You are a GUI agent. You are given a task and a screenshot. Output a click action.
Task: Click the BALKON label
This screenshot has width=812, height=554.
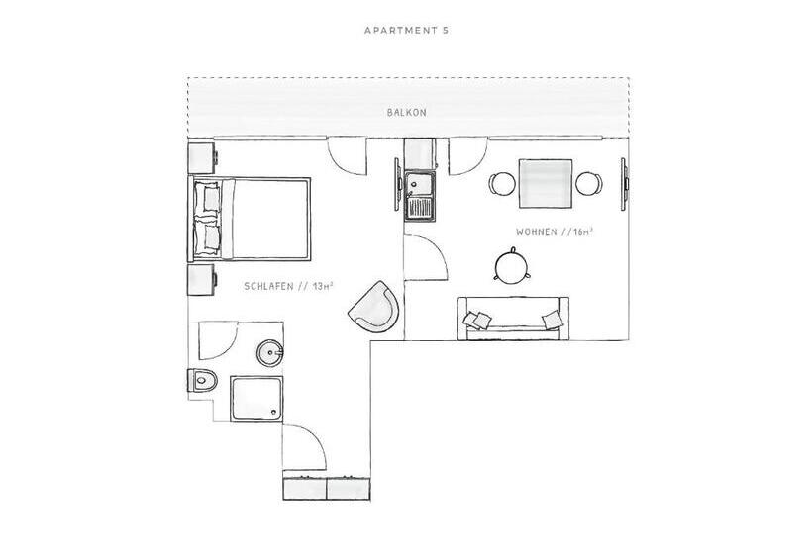(x=407, y=112)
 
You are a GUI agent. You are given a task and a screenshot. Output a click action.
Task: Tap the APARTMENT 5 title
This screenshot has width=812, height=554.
(x=407, y=30)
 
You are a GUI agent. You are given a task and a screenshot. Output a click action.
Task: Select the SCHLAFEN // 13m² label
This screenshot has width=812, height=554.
(x=288, y=286)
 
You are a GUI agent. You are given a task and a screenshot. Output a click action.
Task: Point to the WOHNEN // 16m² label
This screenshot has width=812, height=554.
(x=555, y=232)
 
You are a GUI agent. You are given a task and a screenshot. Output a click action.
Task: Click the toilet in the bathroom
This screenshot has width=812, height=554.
(x=202, y=381)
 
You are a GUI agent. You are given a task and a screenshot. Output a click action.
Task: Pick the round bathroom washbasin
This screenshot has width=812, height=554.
(x=269, y=353)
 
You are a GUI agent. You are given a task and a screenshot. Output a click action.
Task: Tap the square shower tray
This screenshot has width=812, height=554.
(x=256, y=399)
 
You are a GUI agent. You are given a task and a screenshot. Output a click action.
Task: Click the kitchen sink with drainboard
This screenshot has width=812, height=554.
(x=420, y=196)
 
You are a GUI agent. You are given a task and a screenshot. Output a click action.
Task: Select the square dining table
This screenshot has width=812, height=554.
(x=546, y=184)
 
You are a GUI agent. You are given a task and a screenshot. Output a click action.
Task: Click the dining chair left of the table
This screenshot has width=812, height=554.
(x=501, y=184)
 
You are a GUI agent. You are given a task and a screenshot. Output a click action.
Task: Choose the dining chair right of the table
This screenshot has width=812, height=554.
(x=589, y=184)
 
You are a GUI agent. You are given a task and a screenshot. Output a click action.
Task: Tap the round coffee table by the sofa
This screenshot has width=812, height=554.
(x=512, y=266)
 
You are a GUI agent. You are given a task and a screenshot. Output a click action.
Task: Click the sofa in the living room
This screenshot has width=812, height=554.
(x=513, y=319)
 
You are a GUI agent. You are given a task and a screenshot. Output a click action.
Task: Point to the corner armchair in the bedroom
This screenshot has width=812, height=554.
(x=375, y=308)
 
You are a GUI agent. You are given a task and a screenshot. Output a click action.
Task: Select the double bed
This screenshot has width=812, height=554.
(x=250, y=219)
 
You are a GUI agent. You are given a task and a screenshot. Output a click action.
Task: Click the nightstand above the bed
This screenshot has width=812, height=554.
(x=202, y=157)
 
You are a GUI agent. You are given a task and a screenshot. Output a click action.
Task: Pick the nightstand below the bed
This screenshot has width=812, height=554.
(x=202, y=279)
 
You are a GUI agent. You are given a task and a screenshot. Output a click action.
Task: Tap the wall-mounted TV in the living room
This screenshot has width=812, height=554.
(x=625, y=184)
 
